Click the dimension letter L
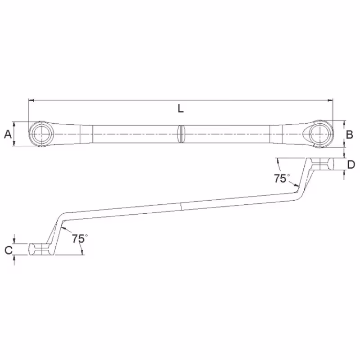pos(181,108)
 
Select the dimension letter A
pos(8,134)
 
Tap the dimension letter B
pos(349,135)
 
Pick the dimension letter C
pos(9,250)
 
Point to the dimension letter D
pos(351,165)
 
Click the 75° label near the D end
pos(282,178)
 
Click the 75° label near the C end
pos(80,238)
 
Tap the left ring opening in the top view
pos(42,134)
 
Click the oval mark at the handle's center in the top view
pos(181,134)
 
